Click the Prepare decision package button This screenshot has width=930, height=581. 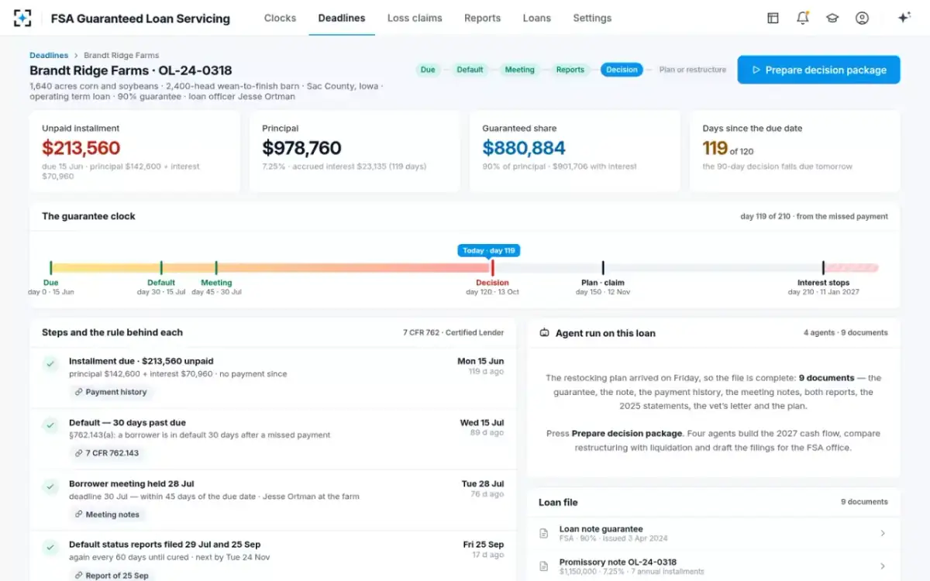tap(818, 70)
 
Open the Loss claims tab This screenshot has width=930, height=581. tap(415, 19)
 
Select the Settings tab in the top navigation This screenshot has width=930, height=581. tap(592, 19)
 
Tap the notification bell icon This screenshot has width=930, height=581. tap(803, 18)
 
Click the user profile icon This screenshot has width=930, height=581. tap(862, 19)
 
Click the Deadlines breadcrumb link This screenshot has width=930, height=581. tap(49, 55)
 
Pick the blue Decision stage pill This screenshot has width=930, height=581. tap(622, 70)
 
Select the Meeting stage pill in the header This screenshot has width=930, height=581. tap(519, 70)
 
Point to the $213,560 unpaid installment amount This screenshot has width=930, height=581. tap(81, 148)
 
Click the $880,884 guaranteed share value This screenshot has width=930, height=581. tap(524, 148)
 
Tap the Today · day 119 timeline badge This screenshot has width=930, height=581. tap(489, 250)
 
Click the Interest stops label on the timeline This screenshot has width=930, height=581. tap(823, 283)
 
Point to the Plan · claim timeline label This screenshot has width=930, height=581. tap(603, 283)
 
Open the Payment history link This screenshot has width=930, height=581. tap(111, 392)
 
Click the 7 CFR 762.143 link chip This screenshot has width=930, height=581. tap(107, 452)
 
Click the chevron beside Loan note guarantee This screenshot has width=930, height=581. tap(883, 533)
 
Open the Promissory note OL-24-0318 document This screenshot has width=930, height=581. tap(618, 562)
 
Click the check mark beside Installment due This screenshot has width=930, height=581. tap(50, 364)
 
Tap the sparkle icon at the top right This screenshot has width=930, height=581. tap(904, 17)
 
